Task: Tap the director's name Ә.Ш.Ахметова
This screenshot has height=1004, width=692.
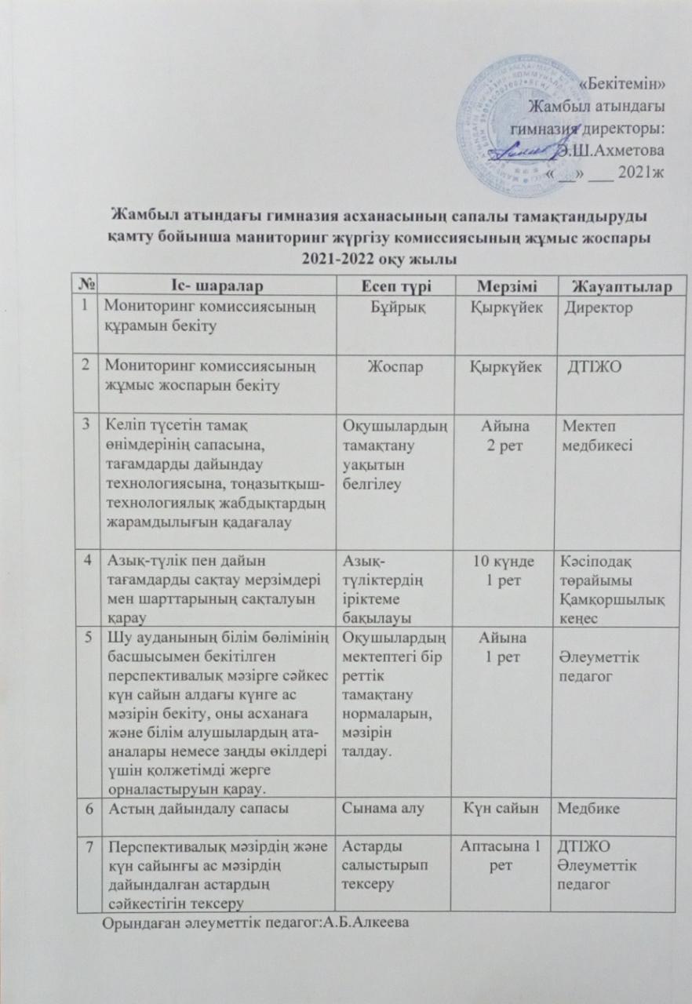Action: pyautogui.click(x=609, y=149)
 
